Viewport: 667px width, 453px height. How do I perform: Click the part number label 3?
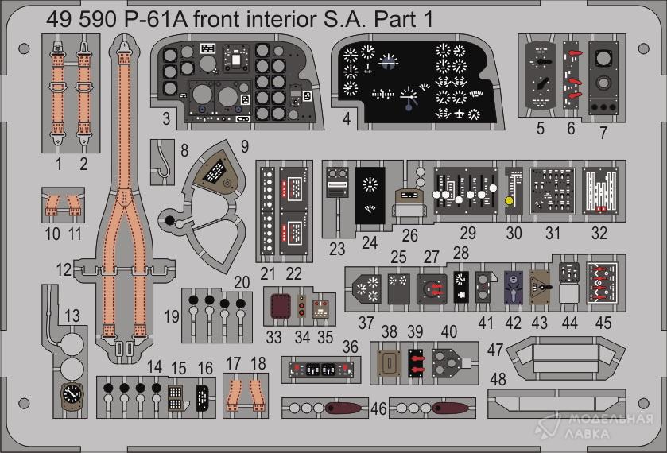pyautogui.click(x=165, y=120)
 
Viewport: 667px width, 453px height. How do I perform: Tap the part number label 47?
pyautogui.click(x=495, y=350)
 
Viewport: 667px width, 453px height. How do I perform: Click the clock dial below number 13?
pyautogui.click(x=72, y=395)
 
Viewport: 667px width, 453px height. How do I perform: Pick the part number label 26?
pyautogui.click(x=410, y=235)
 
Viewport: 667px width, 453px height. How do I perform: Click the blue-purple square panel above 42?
pyautogui.click(x=513, y=285)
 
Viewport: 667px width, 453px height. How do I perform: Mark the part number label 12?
pyautogui.click(x=64, y=270)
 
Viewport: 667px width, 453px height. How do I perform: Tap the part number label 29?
pyautogui.click(x=467, y=234)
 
